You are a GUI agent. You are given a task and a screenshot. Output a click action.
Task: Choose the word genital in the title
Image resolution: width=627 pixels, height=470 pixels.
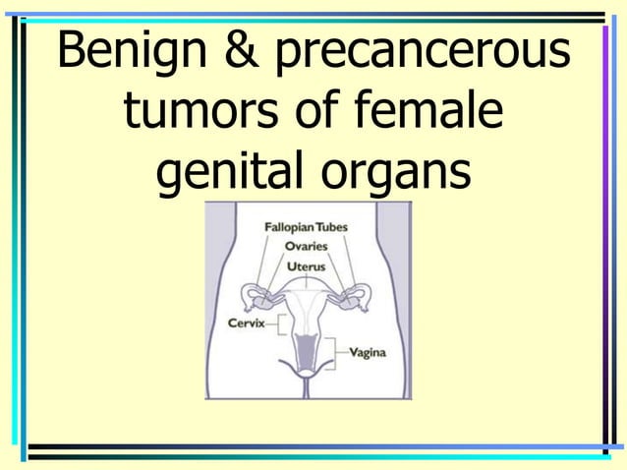(229, 176)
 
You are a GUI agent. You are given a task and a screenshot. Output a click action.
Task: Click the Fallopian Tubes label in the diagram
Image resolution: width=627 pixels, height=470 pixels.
(306, 227)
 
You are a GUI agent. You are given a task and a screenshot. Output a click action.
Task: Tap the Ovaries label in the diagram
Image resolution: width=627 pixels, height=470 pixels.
(306, 247)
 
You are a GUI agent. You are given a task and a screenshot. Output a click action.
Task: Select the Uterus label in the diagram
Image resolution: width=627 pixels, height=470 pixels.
(306, 265)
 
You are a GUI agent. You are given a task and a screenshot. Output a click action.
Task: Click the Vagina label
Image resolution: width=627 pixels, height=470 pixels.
(367, 353)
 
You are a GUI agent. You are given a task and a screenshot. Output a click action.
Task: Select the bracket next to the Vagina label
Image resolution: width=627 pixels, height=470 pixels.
(337, 351)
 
